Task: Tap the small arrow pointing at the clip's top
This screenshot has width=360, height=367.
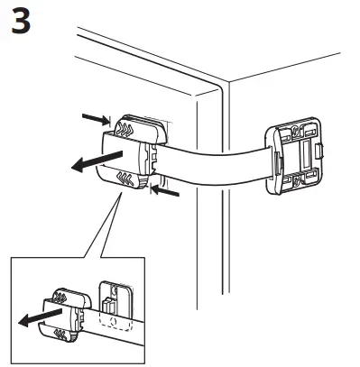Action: pos(94,117)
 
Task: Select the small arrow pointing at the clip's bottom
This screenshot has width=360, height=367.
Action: pos(169,191)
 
